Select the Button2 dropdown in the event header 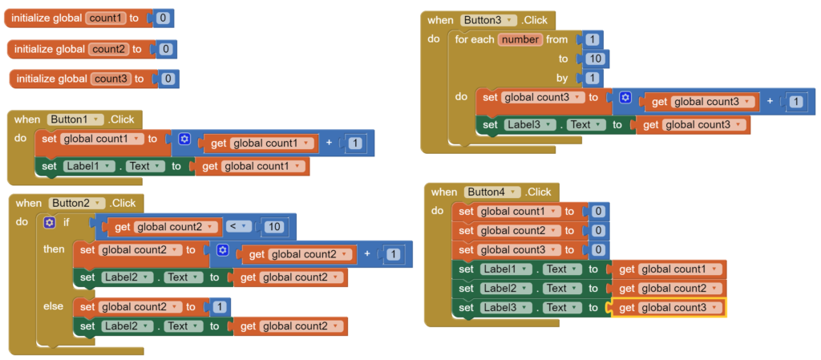tap(77, 203)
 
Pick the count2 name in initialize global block tap(109, 49)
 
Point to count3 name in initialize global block tap(111, 79)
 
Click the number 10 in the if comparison tap(274, 227)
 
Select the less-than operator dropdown tap(238, 227)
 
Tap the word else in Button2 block tap(53, 305)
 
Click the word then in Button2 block tap(54, 249)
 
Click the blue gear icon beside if tap(50, 223)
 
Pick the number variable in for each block tap(520, 39)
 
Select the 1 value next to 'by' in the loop tap(592, 79)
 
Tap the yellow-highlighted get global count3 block tap(669, 308)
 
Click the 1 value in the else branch tap(220, 307)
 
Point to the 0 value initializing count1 tap(163, 18)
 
